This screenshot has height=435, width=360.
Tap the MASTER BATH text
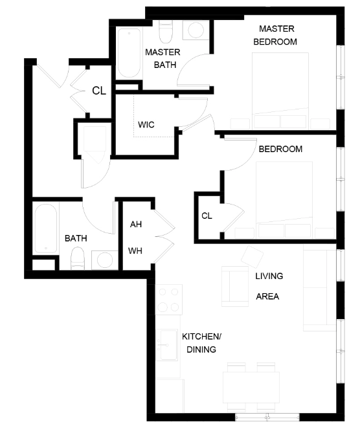tap(163, 58)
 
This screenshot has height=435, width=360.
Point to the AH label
tap(136, 225)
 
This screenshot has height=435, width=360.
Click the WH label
tap(135, 251)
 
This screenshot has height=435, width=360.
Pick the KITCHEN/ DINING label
tap(201, 343)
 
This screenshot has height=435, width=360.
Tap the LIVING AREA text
tap(269, 287)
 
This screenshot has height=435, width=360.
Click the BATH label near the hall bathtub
tap(76, 239)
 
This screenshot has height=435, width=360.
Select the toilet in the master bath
tap(165, 31)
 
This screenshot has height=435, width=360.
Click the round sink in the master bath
tap(194, 30)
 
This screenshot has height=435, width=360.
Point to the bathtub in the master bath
tap(128, 52)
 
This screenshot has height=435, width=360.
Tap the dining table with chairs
tap(252, 386)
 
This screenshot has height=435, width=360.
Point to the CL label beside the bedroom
tap(207, 216)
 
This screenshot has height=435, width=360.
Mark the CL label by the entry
tap(98, 91)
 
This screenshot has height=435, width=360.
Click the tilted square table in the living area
tap(251, 255)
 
